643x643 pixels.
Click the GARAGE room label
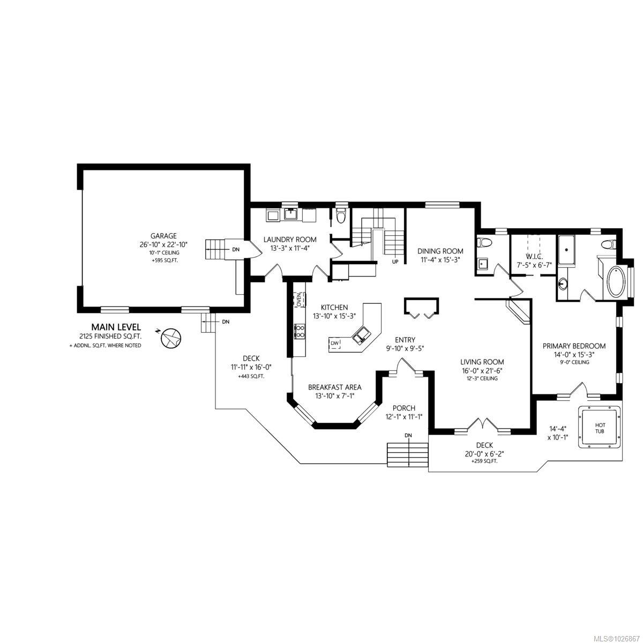[x=163, y=236]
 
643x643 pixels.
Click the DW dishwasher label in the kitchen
[x=334, y=343]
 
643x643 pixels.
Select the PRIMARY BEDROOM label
[x=574, y=346]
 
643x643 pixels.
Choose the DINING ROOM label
[x=440, y=251]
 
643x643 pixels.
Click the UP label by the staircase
[x=395, y=262]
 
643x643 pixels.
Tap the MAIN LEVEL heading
[x=116, y=326]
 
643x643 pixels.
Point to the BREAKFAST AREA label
[x=334, y=387]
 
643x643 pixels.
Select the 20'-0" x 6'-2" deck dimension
[x=484, y=453]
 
